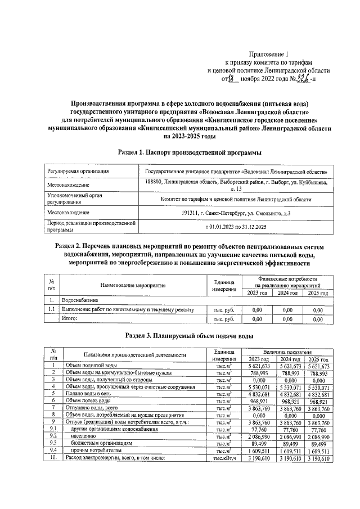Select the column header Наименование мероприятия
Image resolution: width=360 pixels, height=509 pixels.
[x=129, y=286]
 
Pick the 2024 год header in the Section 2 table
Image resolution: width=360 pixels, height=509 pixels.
[x=287, y=292]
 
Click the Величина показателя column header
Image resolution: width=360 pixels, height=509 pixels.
[x=288, y=350]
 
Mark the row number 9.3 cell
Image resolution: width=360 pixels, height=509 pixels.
[x=53, y=443]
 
